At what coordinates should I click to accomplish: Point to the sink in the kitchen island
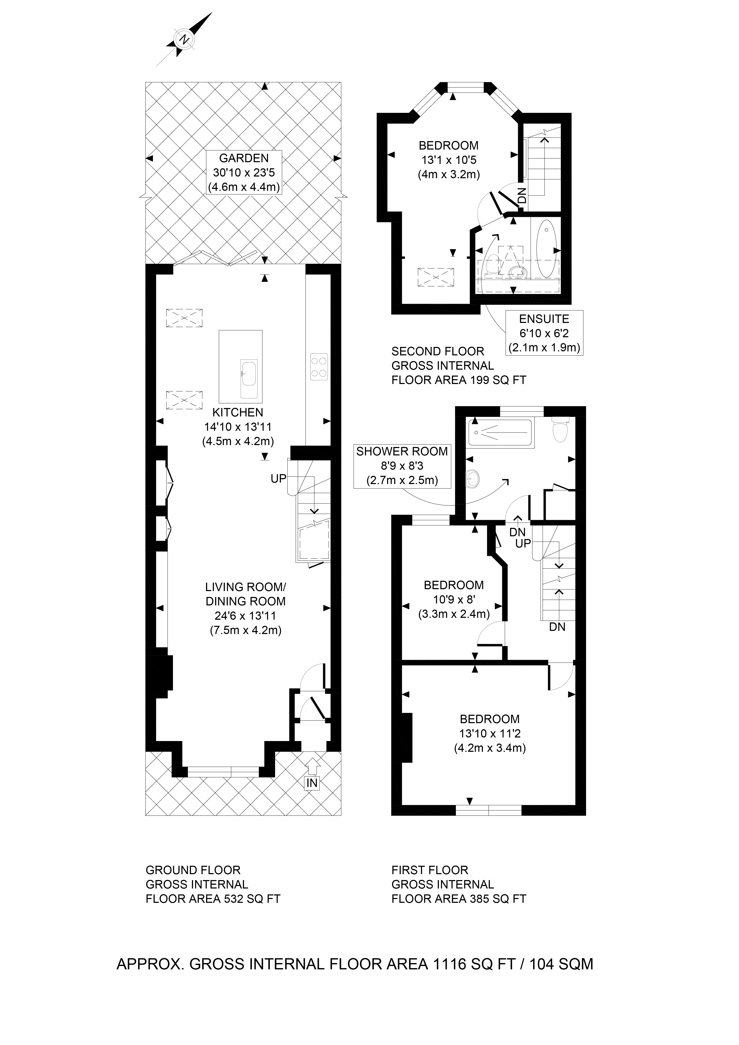pos(249,372)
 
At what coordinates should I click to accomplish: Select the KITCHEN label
pos(238,412)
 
